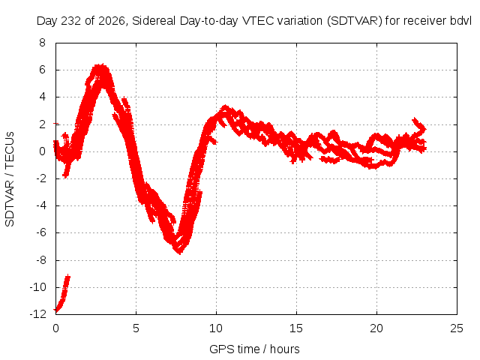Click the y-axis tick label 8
tap(42, 43)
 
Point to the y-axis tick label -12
tap(37, 314)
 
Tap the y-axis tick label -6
tap(41, 232)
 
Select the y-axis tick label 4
tap(42, 97)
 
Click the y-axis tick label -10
tap(37, 287)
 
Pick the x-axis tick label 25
tap(457, 328)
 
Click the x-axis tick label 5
tap(136, 328)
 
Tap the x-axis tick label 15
tap(296, 328)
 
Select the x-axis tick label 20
tap(376, 328)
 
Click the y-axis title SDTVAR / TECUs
tap(10, 179)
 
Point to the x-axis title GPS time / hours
tap(254, 349)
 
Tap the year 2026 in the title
tap(112, 21)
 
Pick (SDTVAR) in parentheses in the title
tap(355, 21)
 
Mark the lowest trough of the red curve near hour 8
tap(180, 252)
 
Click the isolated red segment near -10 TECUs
tap(62, 294)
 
